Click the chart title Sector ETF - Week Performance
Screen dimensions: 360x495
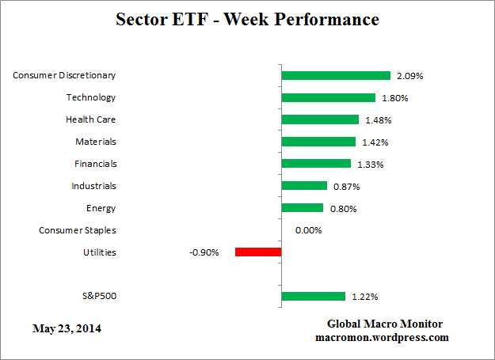pyautogui.click(x=247, y=19)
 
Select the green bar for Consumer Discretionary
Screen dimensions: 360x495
pyautogui.click(x=336, y=76)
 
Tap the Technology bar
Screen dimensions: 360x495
pyautogui.click(x=328, y=98)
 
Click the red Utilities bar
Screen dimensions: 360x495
pyautogui.click(x=258, y=252)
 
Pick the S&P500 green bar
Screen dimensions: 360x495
pyautogui.click(x=313, y=297)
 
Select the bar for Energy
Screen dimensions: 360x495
pyautogui.click(x=302, y=208)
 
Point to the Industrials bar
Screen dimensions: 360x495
pyautogui.click(x=304, y=186)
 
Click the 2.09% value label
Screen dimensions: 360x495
pyautogui.click(x=410, y=76)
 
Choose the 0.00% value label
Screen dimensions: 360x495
pyautogui.click(x=308, y=231)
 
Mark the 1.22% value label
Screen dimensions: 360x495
pyautogui.click(x=364, y=297)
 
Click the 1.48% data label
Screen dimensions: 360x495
pyautogui.click(x=378, y=120)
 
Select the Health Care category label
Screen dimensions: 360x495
pyautogui.click(x=90, y=119)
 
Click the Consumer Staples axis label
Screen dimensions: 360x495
pyautogui.click(x=78, y=230)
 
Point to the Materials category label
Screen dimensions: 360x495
pyautogui.click(x=96, y=142)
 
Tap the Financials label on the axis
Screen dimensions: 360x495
pyautogui.click(x=94, y=164)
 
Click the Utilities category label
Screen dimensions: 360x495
pyautogui.click(x=99, y=252)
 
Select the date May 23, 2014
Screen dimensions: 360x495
pyautogui.click(x=67, y=328)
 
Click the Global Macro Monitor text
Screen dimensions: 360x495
pyautogui.click(x=385, y=324)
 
